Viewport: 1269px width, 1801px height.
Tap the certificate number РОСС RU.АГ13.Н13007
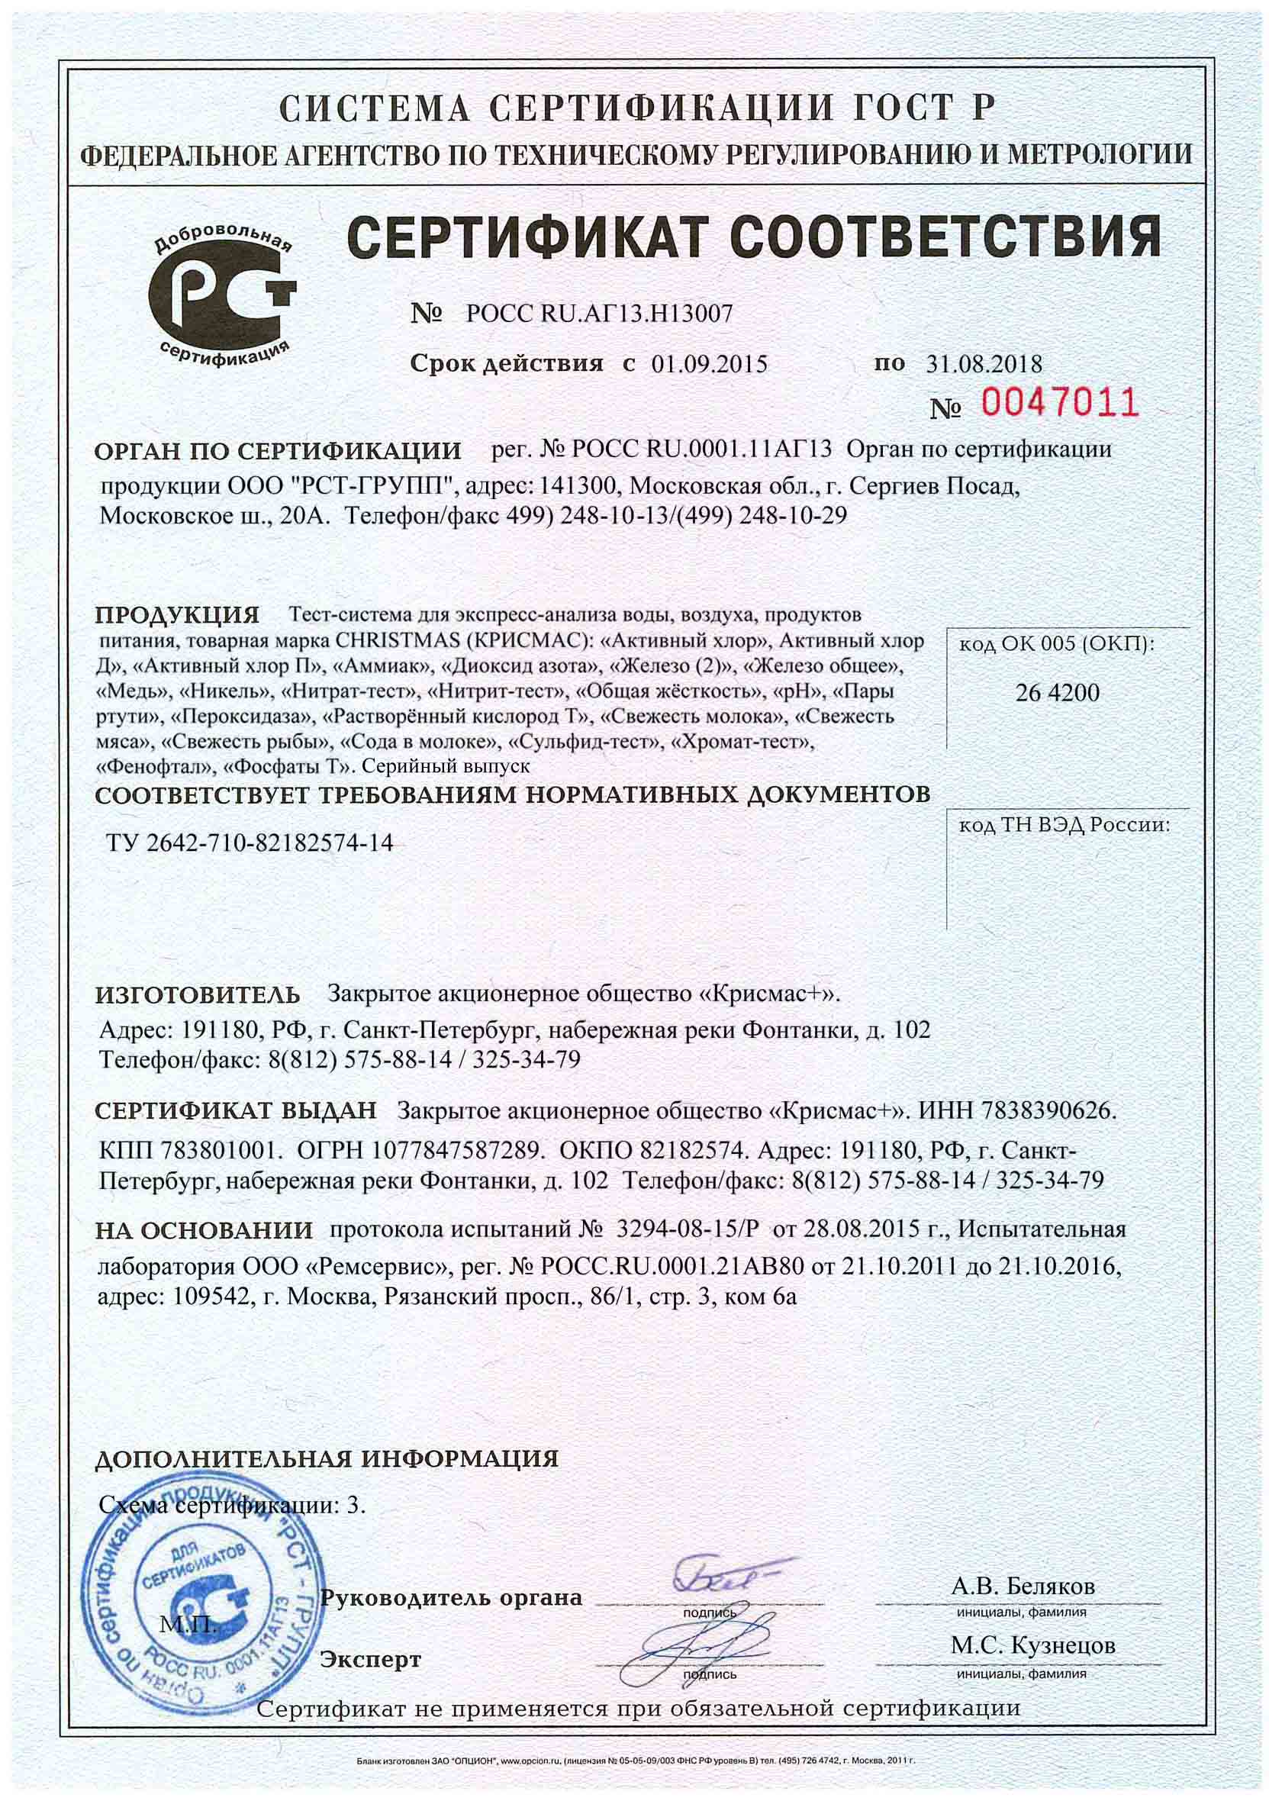599,314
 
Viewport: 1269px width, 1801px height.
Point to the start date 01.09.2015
708,365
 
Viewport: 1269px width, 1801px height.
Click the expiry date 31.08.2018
984,365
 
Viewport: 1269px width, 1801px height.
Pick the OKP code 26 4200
1057,693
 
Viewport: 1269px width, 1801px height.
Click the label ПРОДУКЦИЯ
176,614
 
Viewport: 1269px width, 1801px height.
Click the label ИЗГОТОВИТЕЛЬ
197,995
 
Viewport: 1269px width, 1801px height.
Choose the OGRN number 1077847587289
462,1151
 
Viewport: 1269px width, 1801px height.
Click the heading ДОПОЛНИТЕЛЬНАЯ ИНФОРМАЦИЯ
326,1458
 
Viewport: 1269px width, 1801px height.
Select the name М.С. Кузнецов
1032,1645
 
